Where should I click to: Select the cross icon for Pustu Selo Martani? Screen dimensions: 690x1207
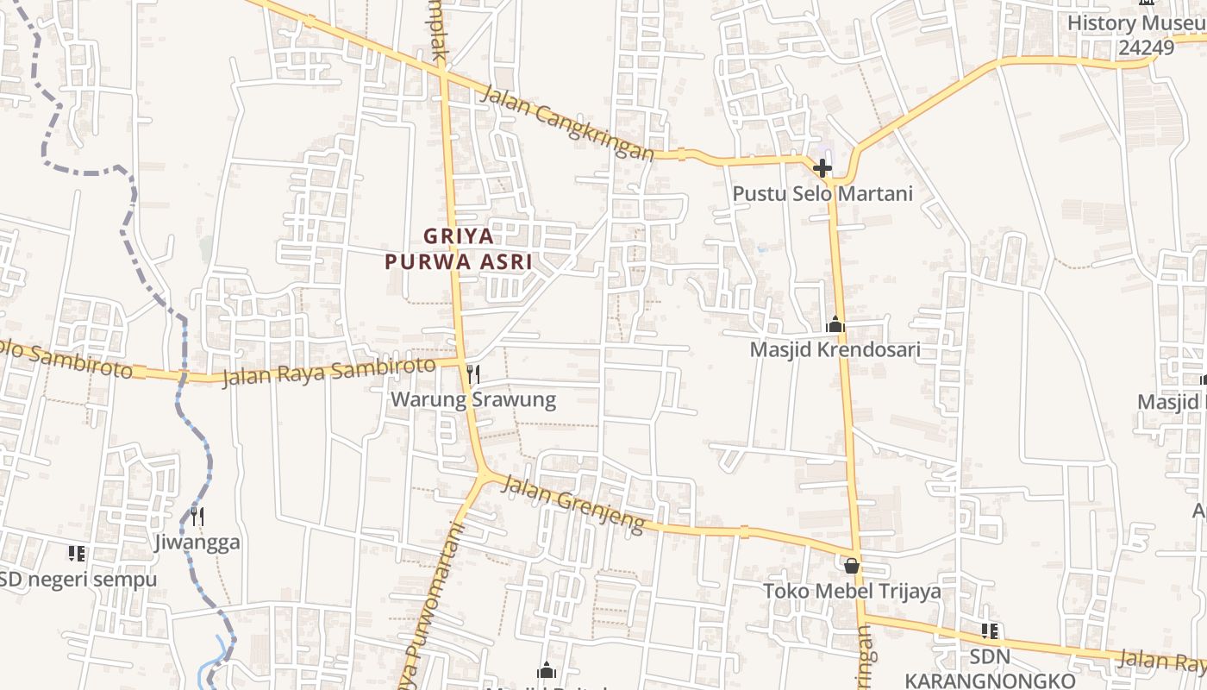coord(822,167)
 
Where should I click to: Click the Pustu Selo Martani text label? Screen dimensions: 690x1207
coord(822,193)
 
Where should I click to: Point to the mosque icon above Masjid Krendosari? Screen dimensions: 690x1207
coord(835,325)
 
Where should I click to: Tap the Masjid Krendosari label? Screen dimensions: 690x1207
coord(835,349)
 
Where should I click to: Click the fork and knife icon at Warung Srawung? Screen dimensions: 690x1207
coord(472,373)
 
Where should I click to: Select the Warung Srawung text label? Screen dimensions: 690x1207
coord(472,399)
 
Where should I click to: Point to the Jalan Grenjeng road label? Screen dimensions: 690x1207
coord(572,504)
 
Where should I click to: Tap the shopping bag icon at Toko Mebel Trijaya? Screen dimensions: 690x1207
coord(852,566)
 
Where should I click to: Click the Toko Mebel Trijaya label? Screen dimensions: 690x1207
coord(852,592)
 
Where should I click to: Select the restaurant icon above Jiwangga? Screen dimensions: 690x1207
coord(197,517)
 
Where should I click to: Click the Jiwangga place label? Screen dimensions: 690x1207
coord(197,543)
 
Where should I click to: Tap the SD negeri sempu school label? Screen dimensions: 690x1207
coord(78,579)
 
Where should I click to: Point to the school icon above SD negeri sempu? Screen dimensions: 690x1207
coord(77,553)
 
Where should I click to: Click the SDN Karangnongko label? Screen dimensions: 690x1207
coord(990,668)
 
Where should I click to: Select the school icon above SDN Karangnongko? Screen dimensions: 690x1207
coord(990,631)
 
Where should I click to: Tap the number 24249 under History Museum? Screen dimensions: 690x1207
coord(1147,47)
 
